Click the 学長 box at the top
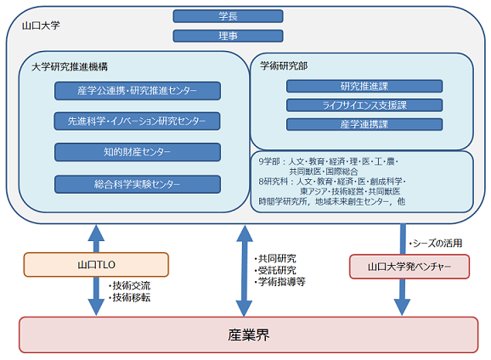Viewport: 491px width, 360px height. click(x=228, y=16)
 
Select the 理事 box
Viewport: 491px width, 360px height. click(x=228, y=36)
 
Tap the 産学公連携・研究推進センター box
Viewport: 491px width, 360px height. click(x=138, y=91)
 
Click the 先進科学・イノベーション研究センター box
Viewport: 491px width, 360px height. click(x=138, y=121)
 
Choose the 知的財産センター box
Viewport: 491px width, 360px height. click(x=138, y=152)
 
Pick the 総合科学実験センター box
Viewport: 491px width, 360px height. click(x=138, y=183)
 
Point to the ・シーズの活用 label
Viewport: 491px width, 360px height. click(x=437, y=243)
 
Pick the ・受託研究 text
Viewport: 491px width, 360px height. click(x=277, y=270)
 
